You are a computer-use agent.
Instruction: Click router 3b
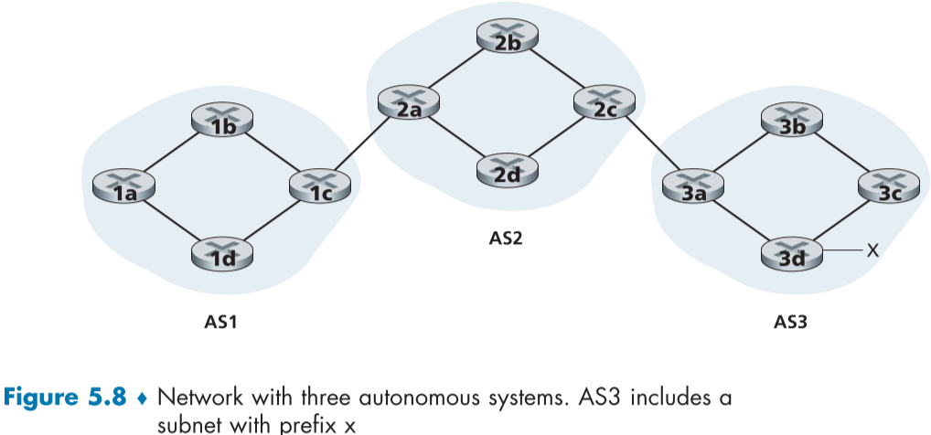point(792,122)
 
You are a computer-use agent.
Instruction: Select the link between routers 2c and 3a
point(648,146)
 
